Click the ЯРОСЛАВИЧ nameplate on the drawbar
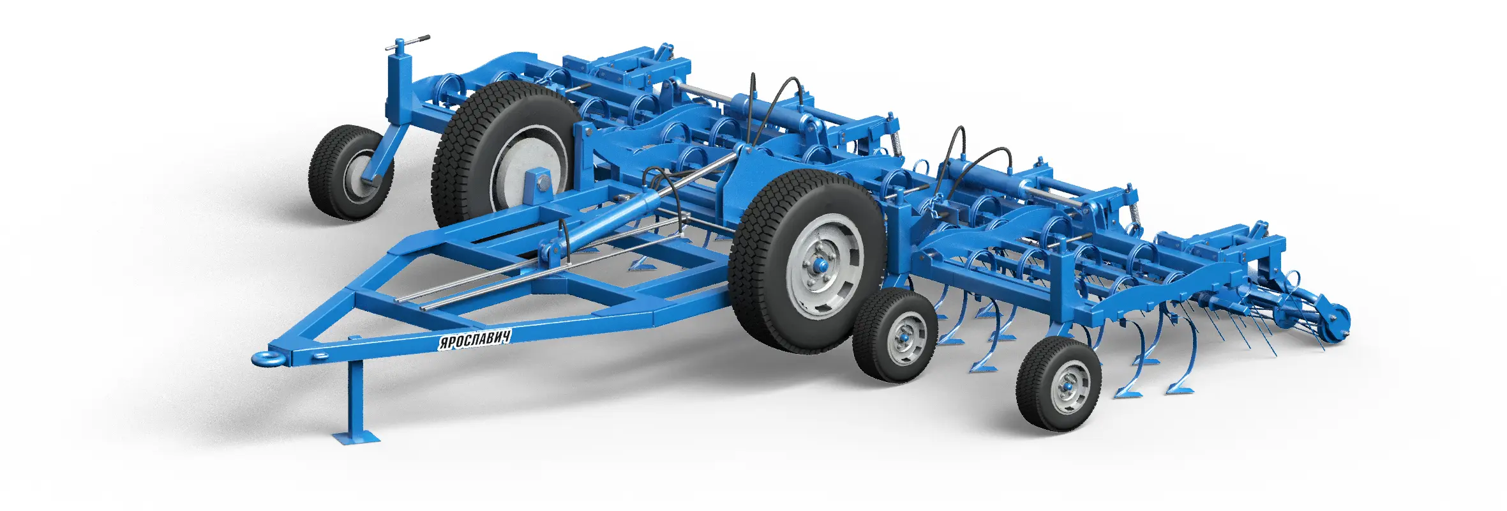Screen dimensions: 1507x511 tap(474, 339)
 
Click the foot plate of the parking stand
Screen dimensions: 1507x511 tap(356, 438)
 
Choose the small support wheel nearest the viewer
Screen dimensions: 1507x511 tap(1058, 385)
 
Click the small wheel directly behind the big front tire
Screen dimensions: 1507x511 tap(895, 335)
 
